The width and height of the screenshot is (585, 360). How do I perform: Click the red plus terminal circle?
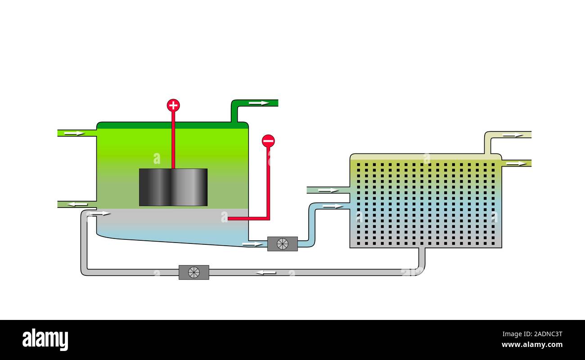pyautogui.click(x=173, y=105)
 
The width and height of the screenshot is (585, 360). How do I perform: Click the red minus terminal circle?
pyautogui.click(x=268, y=141)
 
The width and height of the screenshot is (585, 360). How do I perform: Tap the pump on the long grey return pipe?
pyautogui.click(x=194, y=272)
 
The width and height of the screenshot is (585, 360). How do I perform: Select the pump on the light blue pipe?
pyautogui.click(x=282, y=243)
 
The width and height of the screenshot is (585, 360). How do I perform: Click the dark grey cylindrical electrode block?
pyautogui.click(x=173, y=187)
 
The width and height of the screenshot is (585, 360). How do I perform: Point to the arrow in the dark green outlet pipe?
pyautogui.click(x=258, y=103)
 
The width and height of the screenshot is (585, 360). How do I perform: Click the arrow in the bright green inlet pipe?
pyautogui.click(x=74, y=133)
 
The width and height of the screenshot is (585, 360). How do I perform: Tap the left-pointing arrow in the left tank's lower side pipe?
pyautogui.click(x=77, y=204)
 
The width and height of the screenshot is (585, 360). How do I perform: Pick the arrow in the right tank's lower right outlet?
pyautogui.click(x=516, y=163)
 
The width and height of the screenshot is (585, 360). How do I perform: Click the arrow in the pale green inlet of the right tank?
pyautogui.click(x=328, y=190)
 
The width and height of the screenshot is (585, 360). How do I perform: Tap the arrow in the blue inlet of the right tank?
pyautogui.click(x=333, y=206)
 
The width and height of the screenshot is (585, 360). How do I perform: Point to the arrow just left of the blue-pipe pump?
pyautogui.click(x=252, y=244)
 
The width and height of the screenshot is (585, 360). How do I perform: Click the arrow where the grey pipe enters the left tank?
pyautogui.click(x=100, y=213)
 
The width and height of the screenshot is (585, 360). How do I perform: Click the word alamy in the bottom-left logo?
pyautogui.click(x=45, y=340)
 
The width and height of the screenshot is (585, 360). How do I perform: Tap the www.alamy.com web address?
pyautogui.click(x=532, y=345)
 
